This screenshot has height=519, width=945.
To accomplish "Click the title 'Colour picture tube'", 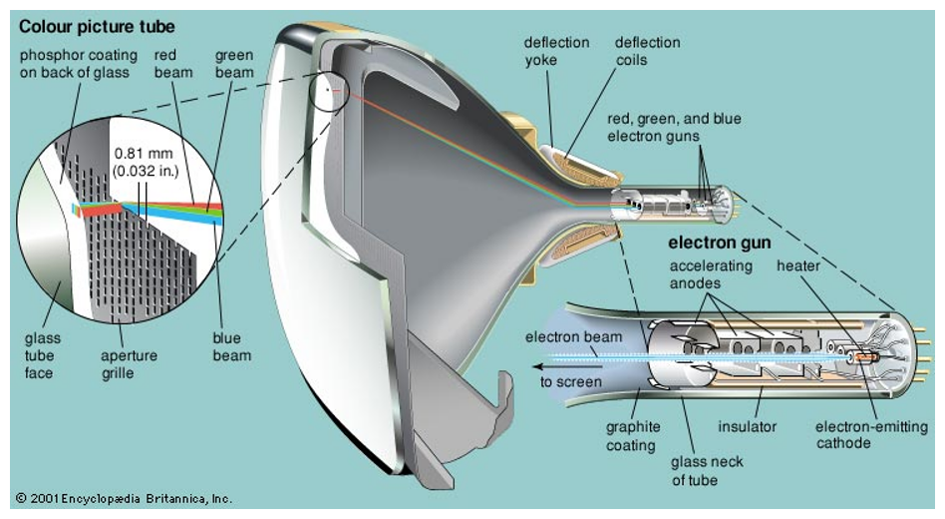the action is pos(97,27).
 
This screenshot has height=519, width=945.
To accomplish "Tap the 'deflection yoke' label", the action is pos(556,51).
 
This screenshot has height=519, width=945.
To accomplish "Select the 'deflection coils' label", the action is pos(647,51).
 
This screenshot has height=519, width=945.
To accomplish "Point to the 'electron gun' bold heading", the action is pos(719,244).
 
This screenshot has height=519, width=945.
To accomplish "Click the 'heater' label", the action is pos(797,266).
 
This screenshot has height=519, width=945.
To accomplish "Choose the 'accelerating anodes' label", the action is pos(711,274).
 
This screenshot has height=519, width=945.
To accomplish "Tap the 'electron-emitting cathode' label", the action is pos(871,435).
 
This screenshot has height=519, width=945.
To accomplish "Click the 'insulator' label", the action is pos(747,427).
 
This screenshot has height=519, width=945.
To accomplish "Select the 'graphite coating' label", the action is pos(633,436).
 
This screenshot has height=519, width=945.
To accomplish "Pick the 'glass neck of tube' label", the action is pos(707,471).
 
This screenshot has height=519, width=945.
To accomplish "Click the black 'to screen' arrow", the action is pos(568,366).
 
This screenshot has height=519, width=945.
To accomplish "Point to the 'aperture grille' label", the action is pos(129,364).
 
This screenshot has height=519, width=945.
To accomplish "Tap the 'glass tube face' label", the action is pos(42,356).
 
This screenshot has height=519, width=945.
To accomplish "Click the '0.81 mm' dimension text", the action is pos(144,154).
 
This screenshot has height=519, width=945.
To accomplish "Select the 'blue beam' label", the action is pos(231,347).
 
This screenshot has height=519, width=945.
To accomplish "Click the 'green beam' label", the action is pos(234,64).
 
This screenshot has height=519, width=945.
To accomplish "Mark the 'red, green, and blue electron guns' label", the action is pos(674,128).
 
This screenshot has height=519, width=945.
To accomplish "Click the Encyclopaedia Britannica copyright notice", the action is pos(125,498).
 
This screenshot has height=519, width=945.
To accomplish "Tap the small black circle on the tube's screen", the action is pos(329,91).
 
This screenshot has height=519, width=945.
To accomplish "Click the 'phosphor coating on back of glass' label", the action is pos(79,64).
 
